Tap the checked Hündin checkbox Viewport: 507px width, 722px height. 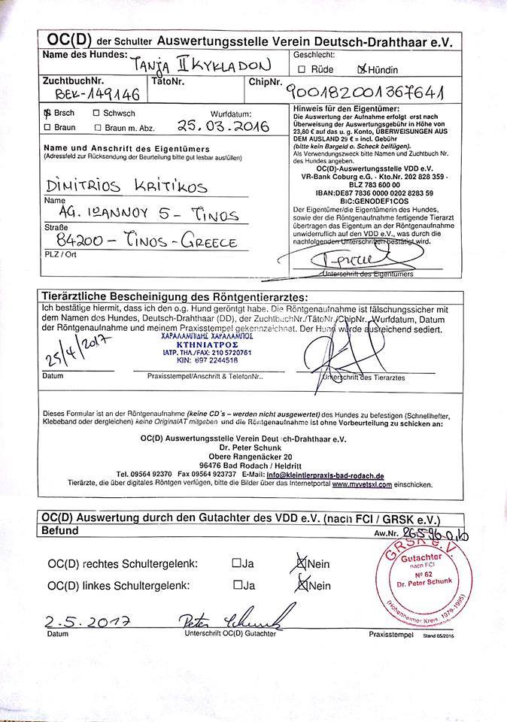(363, 70)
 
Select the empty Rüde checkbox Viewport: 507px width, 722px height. (302, 70)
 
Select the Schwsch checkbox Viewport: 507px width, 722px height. (96, 114)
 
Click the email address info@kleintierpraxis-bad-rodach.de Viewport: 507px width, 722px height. (328, 476)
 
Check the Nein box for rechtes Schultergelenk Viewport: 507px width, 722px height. (302, 563)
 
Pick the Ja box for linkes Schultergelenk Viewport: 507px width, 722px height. (237, 585)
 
